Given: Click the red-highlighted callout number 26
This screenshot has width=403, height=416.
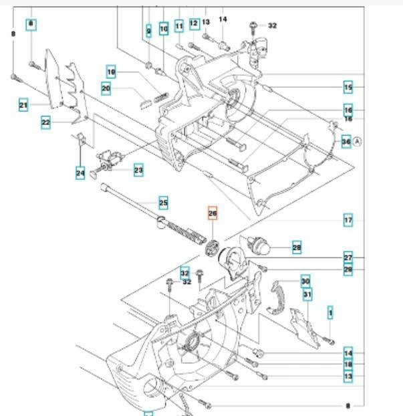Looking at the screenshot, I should (213, 214).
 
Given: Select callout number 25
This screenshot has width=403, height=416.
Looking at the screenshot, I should (163, 202).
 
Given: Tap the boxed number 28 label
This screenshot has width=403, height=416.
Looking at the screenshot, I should (297, 248).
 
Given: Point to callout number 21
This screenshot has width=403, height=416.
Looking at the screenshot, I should (23, 105).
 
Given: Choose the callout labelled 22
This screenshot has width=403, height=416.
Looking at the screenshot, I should (45, 122).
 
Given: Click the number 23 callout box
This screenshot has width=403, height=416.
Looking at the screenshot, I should (138, 171).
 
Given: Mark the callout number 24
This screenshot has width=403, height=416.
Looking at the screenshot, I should (80, 173).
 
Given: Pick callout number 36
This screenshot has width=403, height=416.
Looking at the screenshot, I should (346, 141).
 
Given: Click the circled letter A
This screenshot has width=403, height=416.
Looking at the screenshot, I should (357, 141).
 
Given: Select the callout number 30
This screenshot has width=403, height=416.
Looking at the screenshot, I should (305, 281).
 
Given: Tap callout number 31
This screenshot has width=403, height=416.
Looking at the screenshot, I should (307, 294).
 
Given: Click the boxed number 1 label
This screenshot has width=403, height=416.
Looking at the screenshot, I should (329, 311).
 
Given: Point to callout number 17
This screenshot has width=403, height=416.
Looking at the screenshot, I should (348, 220).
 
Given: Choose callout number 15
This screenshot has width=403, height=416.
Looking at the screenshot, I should (348, 87).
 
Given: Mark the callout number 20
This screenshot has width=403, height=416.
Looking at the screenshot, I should (106, 87).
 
